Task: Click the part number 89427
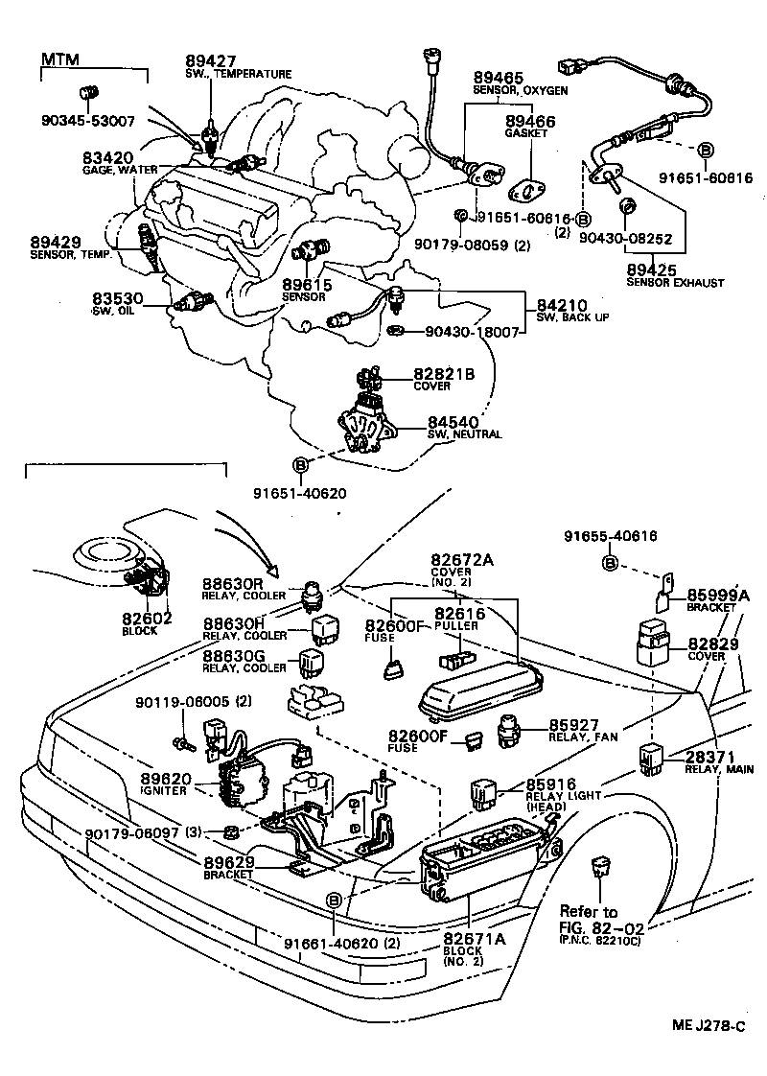pyautogui.click(x=211, y=60)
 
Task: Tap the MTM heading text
pyautogui.click(x=58, y=60)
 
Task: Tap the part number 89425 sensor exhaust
pyautogui.click(x=655, y=270)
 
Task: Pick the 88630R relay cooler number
pyautogui.click(x=233, y=583)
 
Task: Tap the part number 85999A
pyautogui.click(x=718, y=594)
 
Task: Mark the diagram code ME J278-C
pyautogui.click(x=708, y=1026)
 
